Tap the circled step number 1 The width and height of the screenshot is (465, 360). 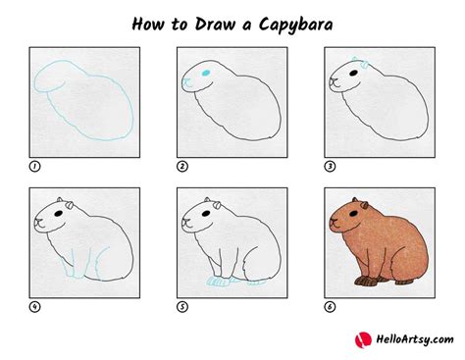click(35, 166)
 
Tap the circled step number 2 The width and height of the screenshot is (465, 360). click(182, 166)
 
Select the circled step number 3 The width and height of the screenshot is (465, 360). click(330, 166)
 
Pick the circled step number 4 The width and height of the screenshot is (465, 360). click(35, 304)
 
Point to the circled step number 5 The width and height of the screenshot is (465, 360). click(182, 304)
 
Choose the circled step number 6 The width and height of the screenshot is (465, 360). click(330, 304)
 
